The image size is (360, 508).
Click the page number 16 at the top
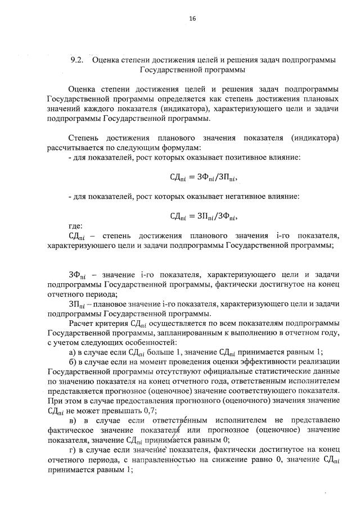[192, 19]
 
